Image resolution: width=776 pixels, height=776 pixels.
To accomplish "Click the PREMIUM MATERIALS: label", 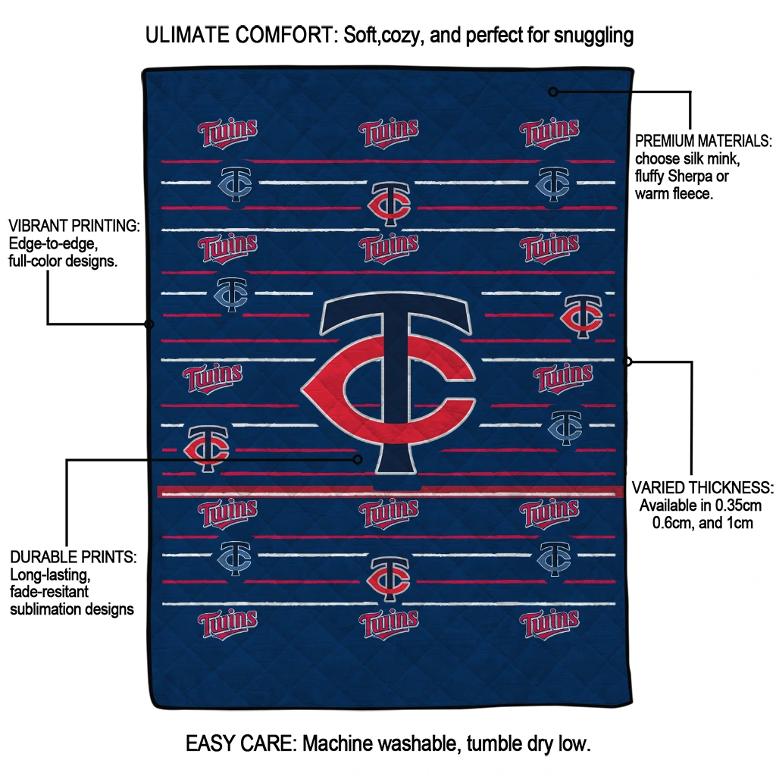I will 702,141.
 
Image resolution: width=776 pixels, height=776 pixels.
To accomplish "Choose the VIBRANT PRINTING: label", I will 74,226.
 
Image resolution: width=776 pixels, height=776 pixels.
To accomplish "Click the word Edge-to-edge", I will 52,243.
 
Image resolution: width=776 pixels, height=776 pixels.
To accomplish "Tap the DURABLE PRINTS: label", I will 74,557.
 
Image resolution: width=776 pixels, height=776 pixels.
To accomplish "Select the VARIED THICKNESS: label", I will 702,487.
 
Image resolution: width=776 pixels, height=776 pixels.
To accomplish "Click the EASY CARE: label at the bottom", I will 242,743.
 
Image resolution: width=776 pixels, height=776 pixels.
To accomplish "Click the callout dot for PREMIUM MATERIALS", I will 553,92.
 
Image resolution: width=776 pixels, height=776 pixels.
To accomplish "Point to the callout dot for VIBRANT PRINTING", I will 149,324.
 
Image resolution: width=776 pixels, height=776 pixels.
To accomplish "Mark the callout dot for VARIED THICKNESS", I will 627,361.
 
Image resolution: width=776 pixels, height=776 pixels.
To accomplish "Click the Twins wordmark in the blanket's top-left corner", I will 227,133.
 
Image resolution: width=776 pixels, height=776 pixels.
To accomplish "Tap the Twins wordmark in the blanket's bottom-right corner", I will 549,624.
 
